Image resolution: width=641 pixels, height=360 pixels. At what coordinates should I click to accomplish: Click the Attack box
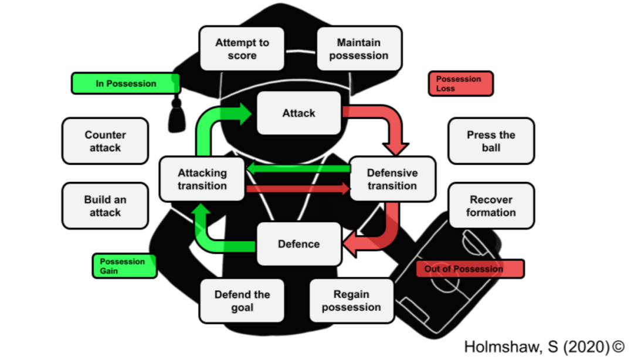point(299,113)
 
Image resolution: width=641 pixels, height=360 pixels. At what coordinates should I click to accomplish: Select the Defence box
point(299,244)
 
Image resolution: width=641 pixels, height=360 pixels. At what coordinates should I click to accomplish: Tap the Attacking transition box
point(202,179)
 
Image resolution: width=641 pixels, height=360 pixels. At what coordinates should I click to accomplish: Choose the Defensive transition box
point(392,179)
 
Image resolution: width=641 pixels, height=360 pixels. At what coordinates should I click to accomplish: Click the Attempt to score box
point(242,49)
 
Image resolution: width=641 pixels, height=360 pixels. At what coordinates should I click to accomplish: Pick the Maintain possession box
point(359,49)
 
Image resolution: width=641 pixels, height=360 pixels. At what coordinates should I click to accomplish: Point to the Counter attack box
point(105,141)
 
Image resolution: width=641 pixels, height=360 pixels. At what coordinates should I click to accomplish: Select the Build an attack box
point(105,206)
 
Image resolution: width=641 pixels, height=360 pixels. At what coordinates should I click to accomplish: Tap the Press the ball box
point(491,141)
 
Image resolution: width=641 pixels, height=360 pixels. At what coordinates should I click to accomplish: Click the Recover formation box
point(491,206)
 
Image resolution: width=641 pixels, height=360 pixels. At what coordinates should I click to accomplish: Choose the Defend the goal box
point(242,300)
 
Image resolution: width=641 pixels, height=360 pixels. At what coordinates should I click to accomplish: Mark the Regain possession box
point(351,300)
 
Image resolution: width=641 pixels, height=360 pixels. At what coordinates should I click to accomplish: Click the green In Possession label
point(126,84)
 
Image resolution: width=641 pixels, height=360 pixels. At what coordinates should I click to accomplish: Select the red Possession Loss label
point(460,84)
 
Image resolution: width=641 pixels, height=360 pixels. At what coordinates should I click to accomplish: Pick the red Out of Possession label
point(470,269)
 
